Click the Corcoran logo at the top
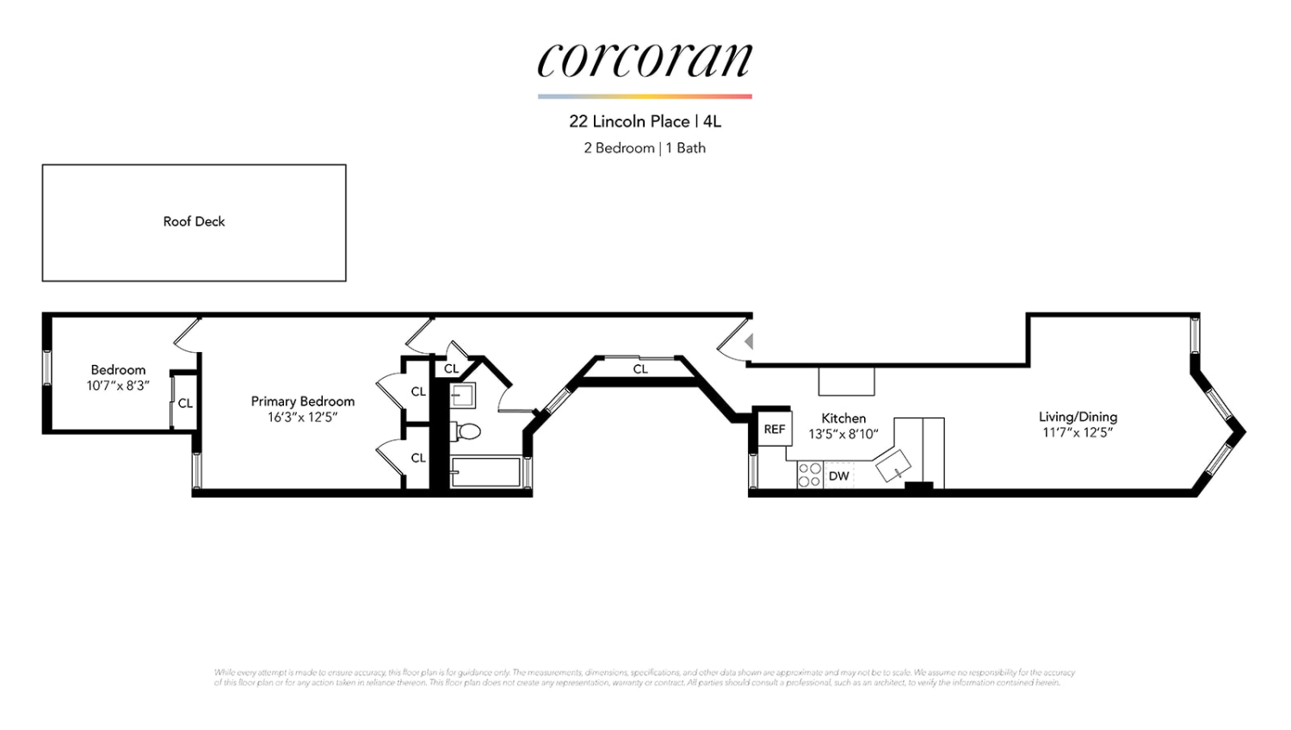pyautogui.click(x=645, y=60)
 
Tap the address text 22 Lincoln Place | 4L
pyautogui.click(x=645, y=121)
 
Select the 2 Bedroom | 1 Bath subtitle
pyautogui.click(x=645, y=148)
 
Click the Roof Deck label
pyautogui.click(x=194, y=221)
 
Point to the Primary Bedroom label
pyautogui.click(x=302, y=401)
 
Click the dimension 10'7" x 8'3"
pyautogui.click(x=118, y=386)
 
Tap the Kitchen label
pyautogui.click(x=843, y=418)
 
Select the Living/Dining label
pyautogui.click(x=1078, y=417)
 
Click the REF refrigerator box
pyautogui.click(x=775, y=429)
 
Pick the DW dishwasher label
pyautogui.click(x=839, y=476)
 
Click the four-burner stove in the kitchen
pyautogui.click(x=809, y=475)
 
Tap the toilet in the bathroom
pyautogui.click(x=467, y=430)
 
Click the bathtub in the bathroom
pyautogui.click(x=485, y=473)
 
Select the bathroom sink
pyautogui.click(x=463, y=396)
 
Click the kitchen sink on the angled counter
pyautogui.click(x=893, y=466)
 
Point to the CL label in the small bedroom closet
pyautogui.click(x=185, y=403)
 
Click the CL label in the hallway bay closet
pyautogui.click(x=640, y=369)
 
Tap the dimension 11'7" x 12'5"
pyautogui.click(x=1078, y=433)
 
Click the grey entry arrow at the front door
pyautogui.click(x=749, y=342)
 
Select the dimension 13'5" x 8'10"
pyautogui.click(x=843, y=435)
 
